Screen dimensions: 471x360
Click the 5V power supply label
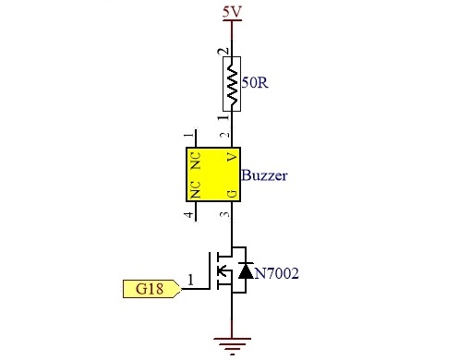click(x=232, y=13)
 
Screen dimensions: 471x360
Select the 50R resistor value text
click(x=255, y=83)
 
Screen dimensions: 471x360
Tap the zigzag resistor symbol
click(x=232, y=84)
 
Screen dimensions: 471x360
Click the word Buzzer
click(x=264, y=175)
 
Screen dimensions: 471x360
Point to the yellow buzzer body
click(x=213, y=174)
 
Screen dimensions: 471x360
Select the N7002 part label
click(x=277, y=273)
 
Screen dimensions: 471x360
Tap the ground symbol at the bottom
click(x=232, y=345)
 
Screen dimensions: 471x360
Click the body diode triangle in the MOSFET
click(x=246, y=270)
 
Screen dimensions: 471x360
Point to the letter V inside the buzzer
click(x=233, y=158)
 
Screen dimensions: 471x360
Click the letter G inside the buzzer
click(x=233, y=194)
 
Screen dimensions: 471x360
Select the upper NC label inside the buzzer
click(x=196, y=161)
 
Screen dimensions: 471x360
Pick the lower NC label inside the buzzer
click(x=196, y=190)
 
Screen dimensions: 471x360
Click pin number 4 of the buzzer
click(x=189, y=214)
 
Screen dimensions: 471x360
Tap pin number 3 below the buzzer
click(x=225, y=214)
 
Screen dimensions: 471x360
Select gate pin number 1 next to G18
click(x=190, y=280)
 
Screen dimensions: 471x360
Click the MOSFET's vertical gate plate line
click(x=210, y=270)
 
